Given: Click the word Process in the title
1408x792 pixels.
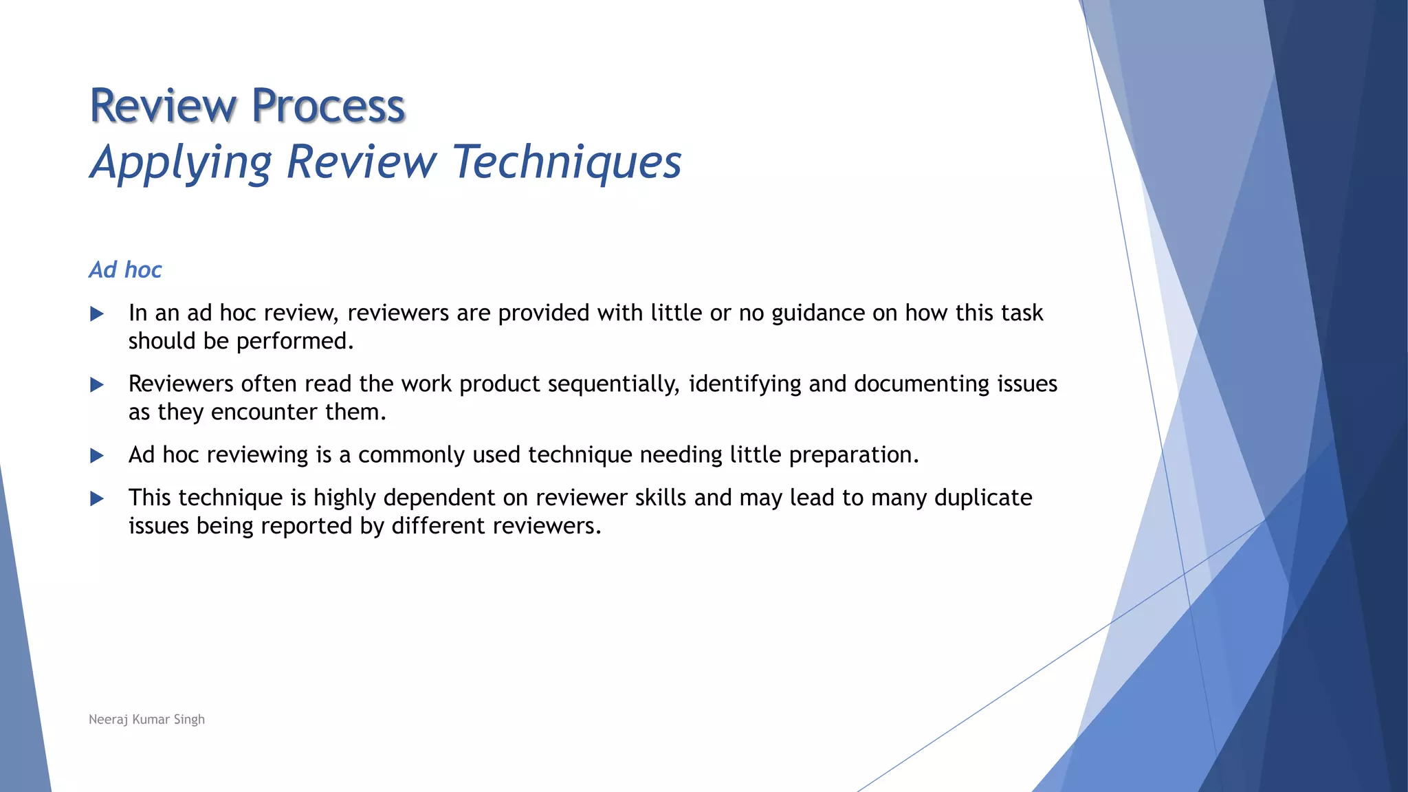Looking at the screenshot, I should (328, 107).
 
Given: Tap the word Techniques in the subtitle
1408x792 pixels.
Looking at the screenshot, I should (566, 162).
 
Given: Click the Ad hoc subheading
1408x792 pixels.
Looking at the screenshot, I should (125, 269).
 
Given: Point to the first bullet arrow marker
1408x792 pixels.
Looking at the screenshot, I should (97, 314).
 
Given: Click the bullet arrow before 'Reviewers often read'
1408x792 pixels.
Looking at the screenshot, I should (97, 385).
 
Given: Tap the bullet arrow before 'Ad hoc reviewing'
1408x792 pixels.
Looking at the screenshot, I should (97, 456).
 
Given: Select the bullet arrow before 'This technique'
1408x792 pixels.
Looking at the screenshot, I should (97, 498).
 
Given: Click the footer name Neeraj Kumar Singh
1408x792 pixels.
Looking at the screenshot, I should (146, 719).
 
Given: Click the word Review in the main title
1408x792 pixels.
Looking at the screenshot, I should (163, 107).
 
